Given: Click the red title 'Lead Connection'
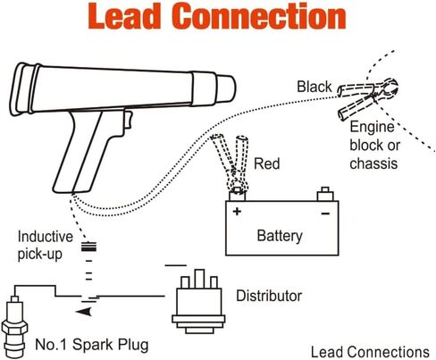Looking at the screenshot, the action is coord(217,16).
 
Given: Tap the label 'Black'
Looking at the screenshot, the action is coord(314,87).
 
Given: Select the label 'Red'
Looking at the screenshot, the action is coord(267,163).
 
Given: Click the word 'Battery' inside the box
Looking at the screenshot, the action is coord(280,236).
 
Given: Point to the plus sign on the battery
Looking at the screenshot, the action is coord(237,212).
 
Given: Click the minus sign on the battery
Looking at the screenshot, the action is coord(325,213).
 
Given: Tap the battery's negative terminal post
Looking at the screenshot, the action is coord(325,194).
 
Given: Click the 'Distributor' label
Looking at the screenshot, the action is coord(269,296).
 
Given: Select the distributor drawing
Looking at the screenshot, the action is coord(198,301).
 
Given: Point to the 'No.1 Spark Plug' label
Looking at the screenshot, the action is coord(92,345).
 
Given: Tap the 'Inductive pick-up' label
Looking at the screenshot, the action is coord(46,246).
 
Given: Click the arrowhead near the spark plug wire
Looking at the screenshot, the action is coord(84,312).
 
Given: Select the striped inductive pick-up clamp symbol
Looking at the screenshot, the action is coord(88,247).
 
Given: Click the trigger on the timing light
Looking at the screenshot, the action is coord(128,120).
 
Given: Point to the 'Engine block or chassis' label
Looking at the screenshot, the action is coord(374,146).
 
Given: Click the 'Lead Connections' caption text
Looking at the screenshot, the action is coord(370,352).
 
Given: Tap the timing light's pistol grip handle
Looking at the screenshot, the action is coord(85,152).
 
